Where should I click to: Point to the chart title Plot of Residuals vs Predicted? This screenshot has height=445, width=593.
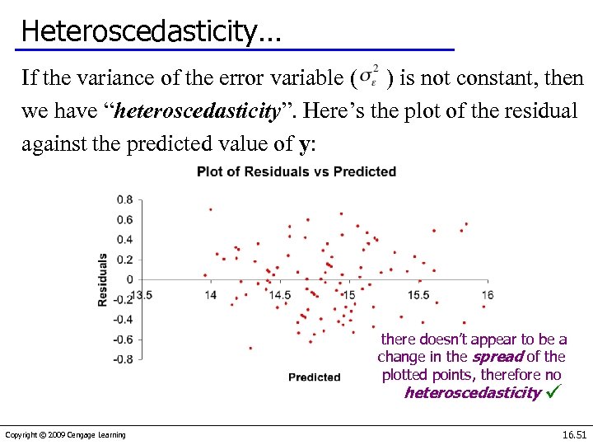pyautogui.click(x=296, y=172)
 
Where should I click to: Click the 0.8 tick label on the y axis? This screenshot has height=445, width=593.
pyautogui.click(x=124, y=199)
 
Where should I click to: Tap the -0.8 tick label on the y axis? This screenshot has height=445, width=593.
pyautogui.click(x=122, y=359)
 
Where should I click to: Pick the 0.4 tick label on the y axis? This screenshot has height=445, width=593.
pyautogui.click(x=124, y=240)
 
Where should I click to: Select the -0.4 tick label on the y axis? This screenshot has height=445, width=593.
pyautogui.click(x=122, y=320)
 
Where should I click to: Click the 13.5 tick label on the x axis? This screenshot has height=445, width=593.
pyautogui.click(x=142, y=294)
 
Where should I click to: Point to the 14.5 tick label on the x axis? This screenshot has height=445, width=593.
pyautogui.click(x=279, y=294)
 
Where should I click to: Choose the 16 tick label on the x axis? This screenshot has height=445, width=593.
pyautogui.click(x=487, y=294)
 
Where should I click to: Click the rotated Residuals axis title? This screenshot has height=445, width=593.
pyautogui.click(x=103, y=279)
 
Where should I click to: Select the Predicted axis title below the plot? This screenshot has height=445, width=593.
pyautogui.click(x=314, y=377)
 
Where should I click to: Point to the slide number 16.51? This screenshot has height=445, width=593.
pyautogui.click(x=573, y=434)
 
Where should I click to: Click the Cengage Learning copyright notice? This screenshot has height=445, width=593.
pyautogui.click(x=65, y=435)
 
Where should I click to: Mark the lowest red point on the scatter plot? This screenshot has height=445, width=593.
pyautogui.click(x=250, y=348)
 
